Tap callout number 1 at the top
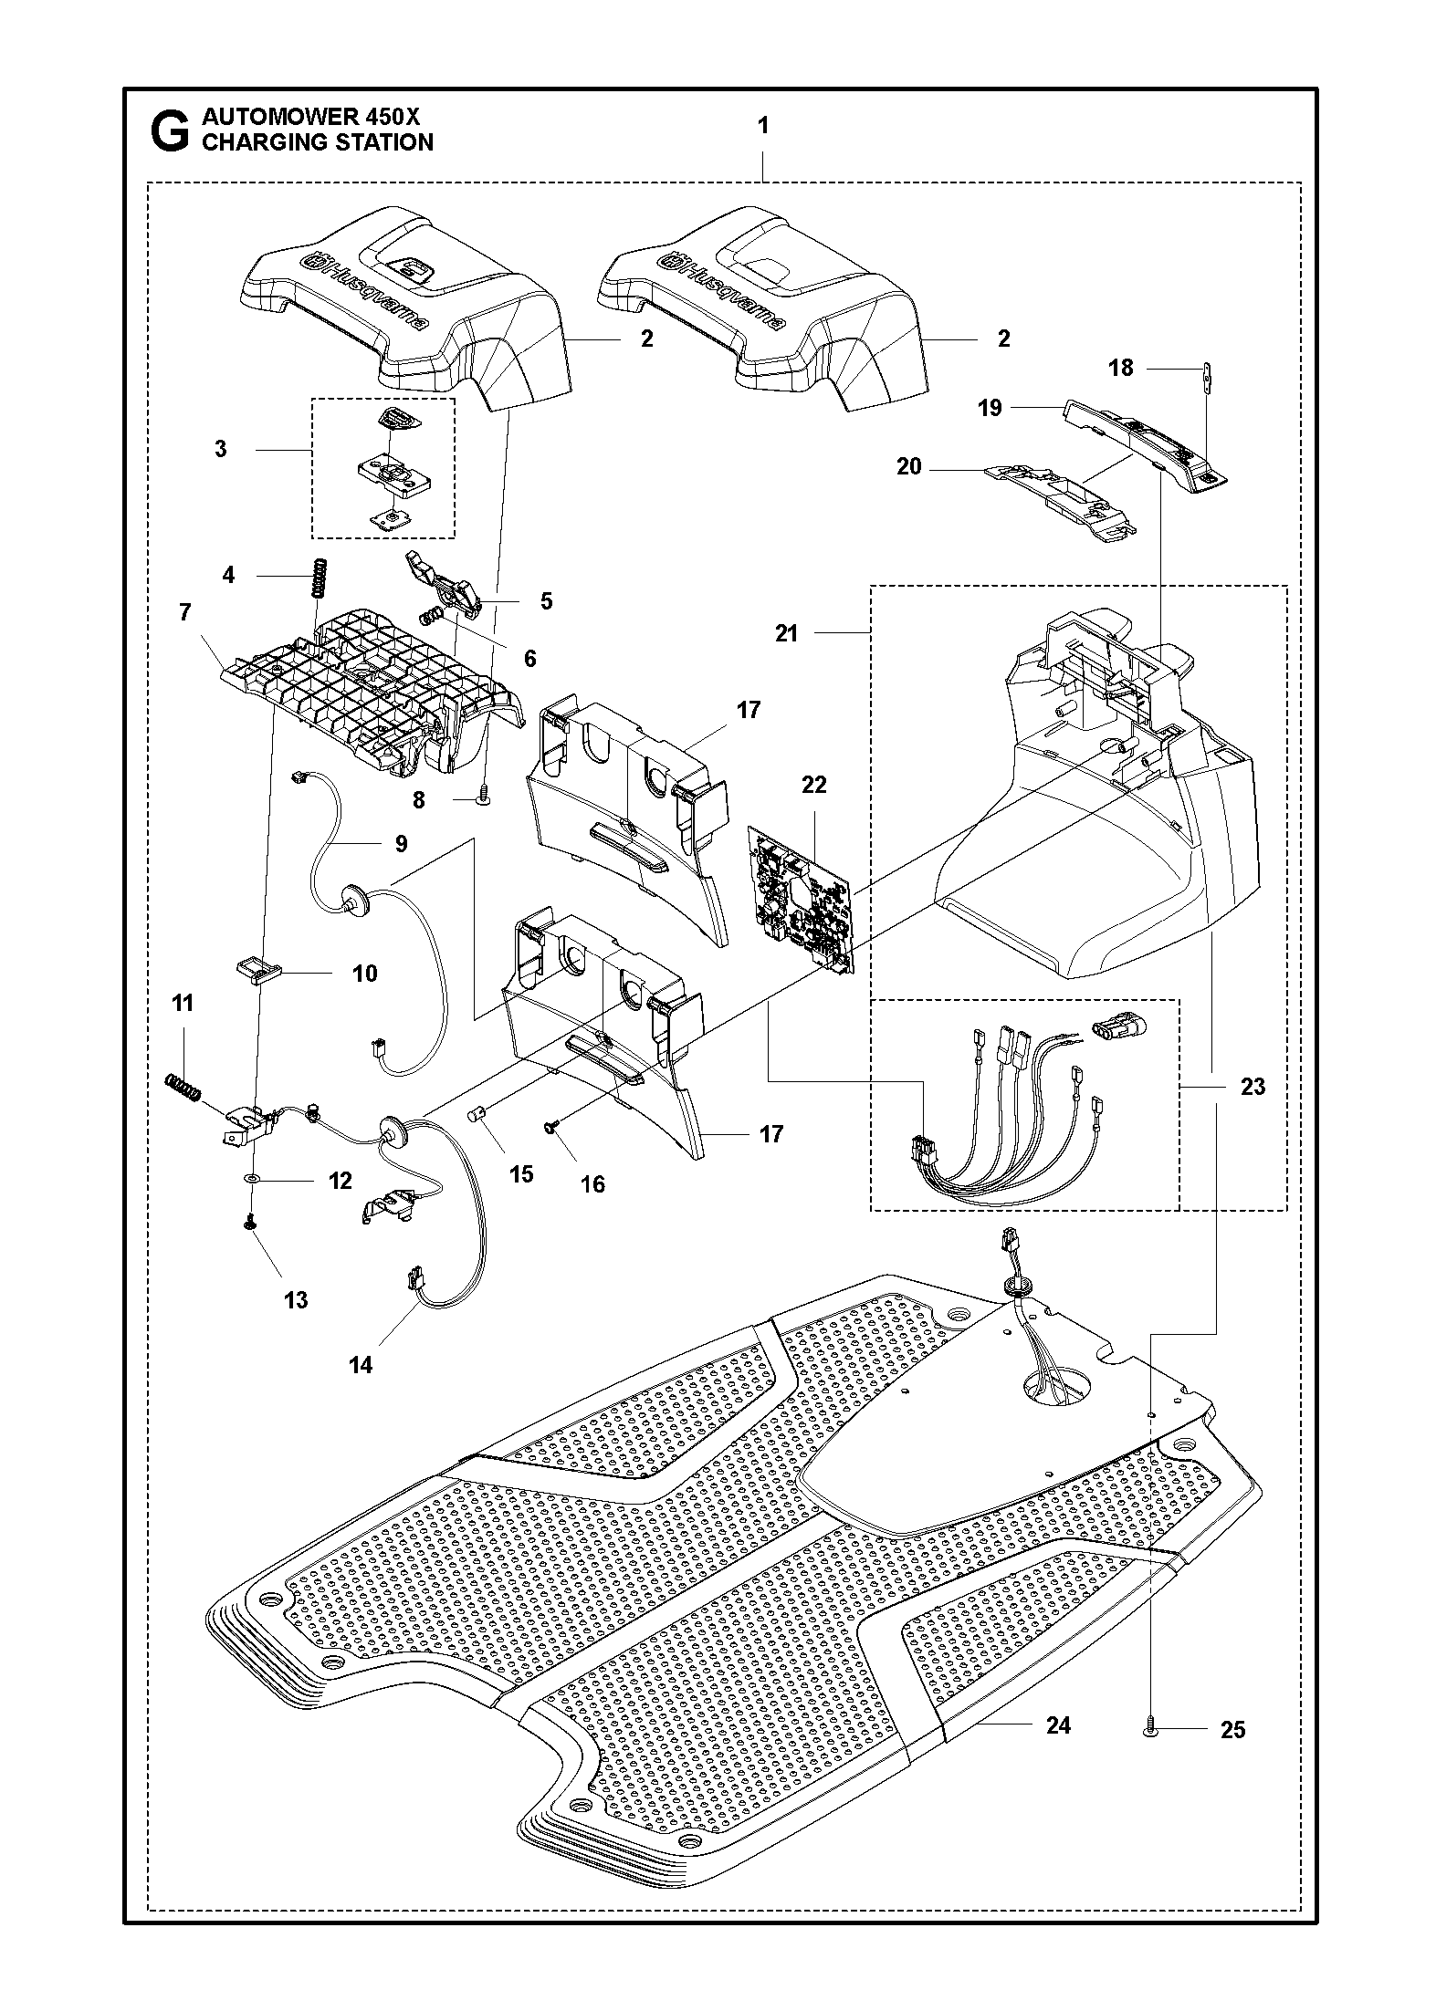point(763,126)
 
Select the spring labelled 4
point(319,577)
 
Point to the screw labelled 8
point(483,797)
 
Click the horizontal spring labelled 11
point(182,1087)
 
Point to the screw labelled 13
point(248,1226)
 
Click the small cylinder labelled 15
point(476,1116)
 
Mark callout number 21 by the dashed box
point(787,633)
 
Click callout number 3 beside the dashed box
point(221,449)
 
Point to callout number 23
point(1253,1086)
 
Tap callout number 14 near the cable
point(361,1365)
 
